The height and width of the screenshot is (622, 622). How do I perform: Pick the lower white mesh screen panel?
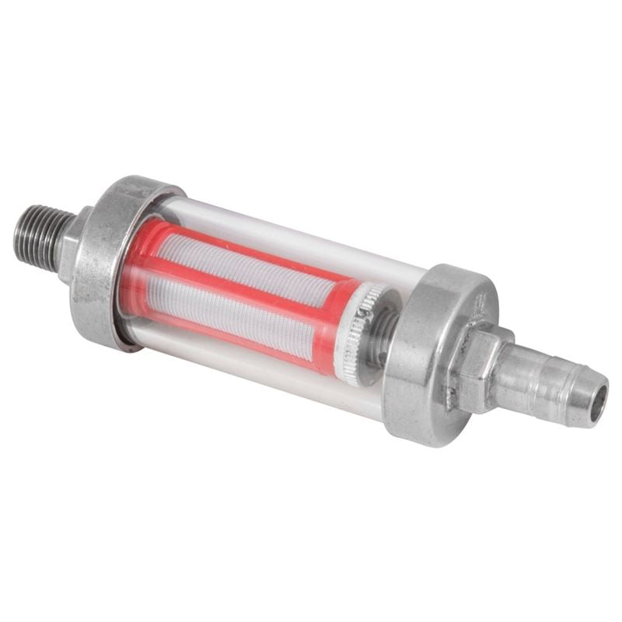[x=233, y=311]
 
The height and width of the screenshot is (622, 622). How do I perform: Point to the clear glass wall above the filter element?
[x=295, y=233]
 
